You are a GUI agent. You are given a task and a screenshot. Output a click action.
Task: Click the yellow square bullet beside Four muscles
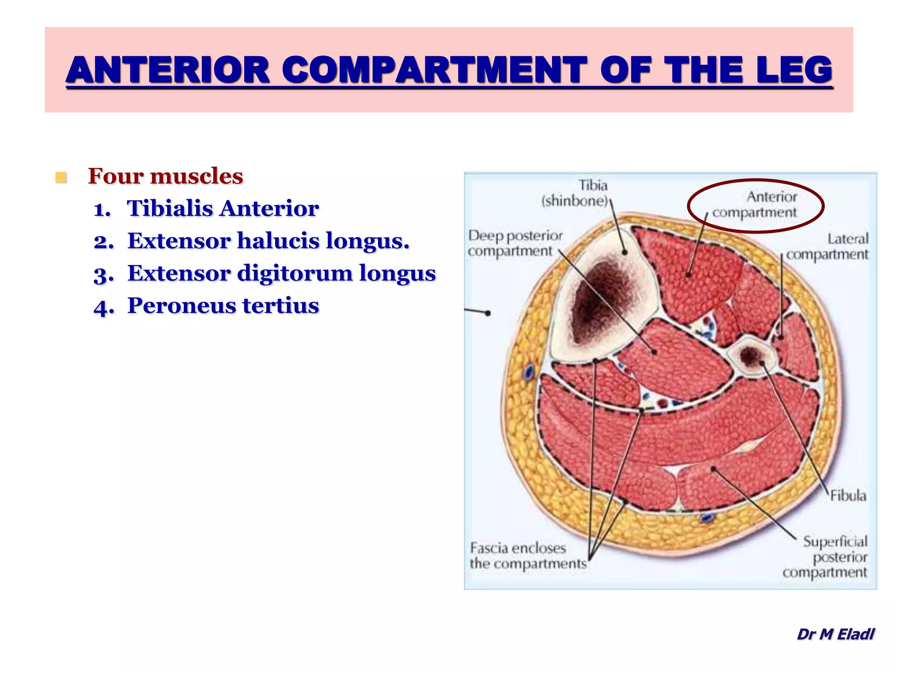tap(61, 178)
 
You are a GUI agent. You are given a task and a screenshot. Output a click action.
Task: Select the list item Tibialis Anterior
tap(223, 208)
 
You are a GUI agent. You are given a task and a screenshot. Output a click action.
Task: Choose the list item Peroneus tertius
tap(223, 306)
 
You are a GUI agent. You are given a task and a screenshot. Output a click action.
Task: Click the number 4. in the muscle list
tap(104, 307)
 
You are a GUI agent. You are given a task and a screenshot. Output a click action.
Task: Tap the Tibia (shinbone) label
tap(575, 193)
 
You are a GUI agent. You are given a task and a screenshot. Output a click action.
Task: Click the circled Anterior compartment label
tap(755, 204)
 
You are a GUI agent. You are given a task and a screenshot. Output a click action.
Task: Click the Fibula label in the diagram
tap(848, 496)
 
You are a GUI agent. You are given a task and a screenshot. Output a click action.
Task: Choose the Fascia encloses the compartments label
tap(527, 556)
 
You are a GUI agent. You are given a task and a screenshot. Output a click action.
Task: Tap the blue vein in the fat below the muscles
tap(706, 518)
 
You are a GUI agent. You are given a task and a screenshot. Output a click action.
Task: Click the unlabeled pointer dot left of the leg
tap(488, 313)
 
